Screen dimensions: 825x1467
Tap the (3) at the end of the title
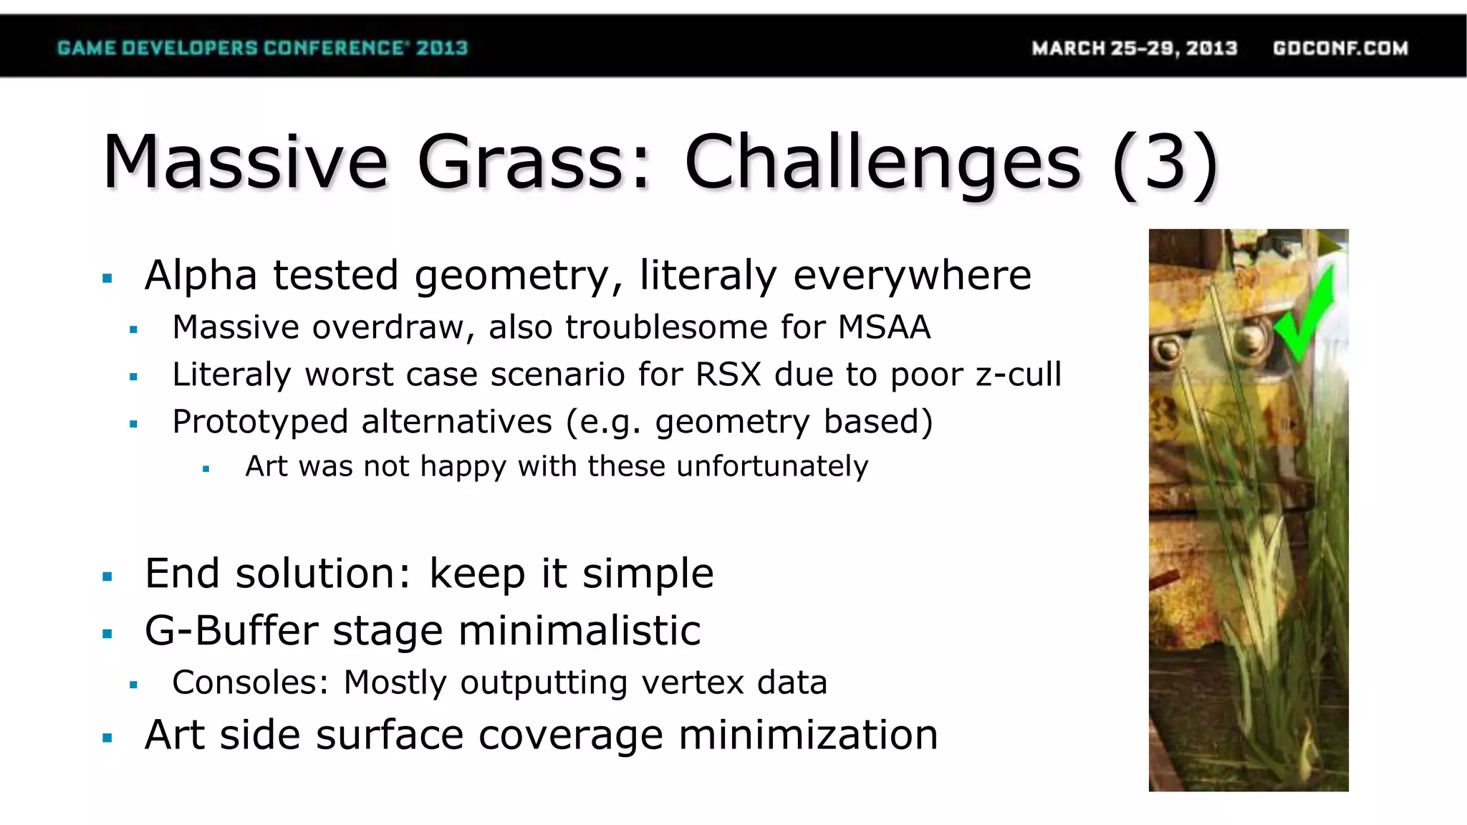1165,163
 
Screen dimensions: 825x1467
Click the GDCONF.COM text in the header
1340,48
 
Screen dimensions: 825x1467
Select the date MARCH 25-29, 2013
1134,48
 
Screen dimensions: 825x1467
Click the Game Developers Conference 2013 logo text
262,48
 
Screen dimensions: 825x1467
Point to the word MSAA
884,328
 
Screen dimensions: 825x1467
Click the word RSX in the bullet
728,375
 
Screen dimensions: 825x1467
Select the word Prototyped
260,422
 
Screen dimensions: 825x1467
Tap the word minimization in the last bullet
807,735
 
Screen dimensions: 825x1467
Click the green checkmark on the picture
1305,319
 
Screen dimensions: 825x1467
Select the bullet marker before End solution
107,576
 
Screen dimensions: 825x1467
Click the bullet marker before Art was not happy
206,470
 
